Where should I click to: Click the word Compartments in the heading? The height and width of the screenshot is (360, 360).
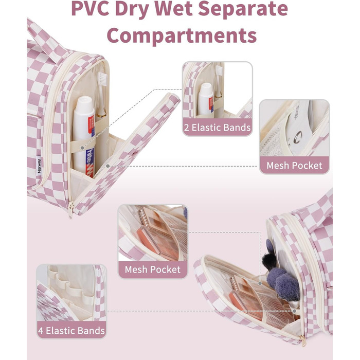click(181, 35)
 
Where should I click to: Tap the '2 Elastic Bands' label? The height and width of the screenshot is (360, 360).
click(217, 127)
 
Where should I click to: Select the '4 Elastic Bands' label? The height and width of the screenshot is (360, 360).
click(71, 330)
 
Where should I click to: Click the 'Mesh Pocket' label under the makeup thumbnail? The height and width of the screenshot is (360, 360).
click(152, 269)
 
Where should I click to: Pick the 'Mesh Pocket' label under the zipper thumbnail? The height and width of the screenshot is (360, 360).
click(294, 166)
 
